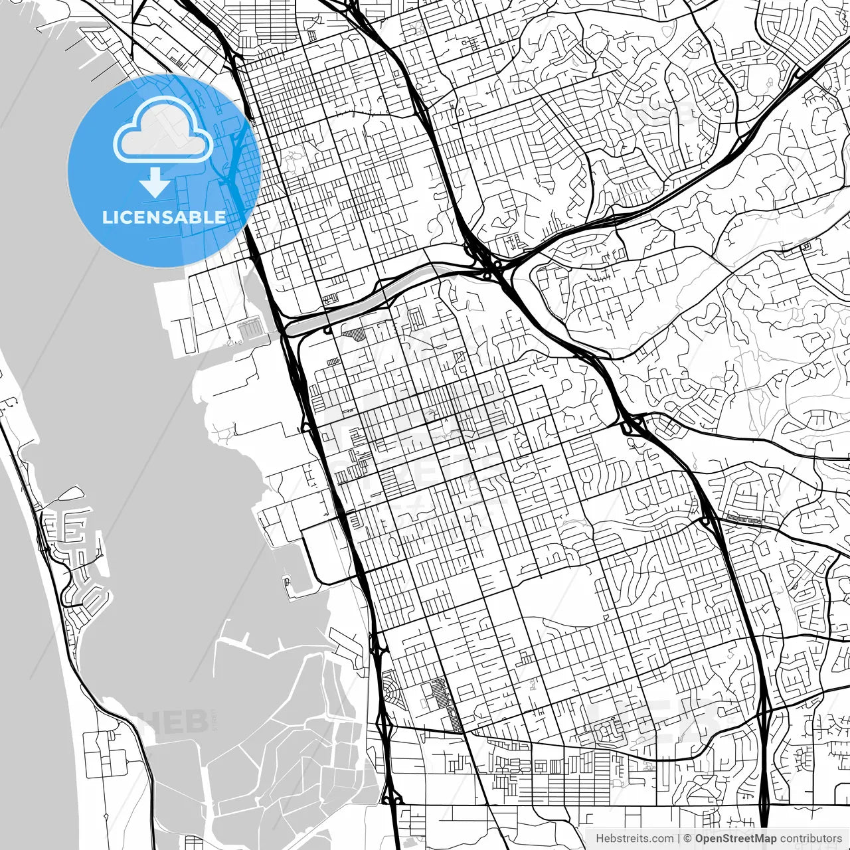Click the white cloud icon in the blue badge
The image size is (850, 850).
click(163, 130)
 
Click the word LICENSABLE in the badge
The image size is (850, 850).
click(163, 217)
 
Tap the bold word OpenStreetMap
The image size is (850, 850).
click(736, 839)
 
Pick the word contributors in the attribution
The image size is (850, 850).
click(811, 839)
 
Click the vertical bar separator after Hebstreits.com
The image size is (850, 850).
click(679, 839)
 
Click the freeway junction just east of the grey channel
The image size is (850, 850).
click(491, 266)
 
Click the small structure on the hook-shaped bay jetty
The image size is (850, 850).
click(286, 582)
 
